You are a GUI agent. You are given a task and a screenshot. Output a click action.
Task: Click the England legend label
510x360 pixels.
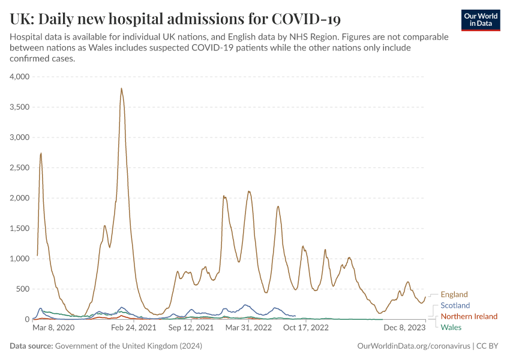(x=454, y=295)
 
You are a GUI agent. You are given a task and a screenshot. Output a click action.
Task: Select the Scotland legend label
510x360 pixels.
(x=455, y=305)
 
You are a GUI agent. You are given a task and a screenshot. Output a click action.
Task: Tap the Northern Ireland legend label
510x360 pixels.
(x=469, y=316)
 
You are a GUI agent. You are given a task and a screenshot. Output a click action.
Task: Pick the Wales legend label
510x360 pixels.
(x=451, y=327)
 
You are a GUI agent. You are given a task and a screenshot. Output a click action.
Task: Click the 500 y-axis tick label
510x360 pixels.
(x=23, y=289)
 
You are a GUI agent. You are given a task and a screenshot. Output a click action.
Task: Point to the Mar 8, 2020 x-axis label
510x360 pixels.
(x=53, y=328)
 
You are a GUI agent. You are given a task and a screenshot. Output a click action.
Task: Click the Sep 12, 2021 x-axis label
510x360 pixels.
(x=191, y=328)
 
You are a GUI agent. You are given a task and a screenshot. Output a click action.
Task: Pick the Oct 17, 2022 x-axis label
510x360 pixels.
(x=306, y=328)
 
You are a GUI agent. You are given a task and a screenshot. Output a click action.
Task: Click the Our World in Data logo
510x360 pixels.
(x=481, y=20)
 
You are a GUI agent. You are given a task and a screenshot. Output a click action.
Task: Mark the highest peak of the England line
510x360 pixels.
(x=121, y=89)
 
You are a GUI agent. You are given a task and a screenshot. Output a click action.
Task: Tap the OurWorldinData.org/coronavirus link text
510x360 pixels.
(x=413, y=346)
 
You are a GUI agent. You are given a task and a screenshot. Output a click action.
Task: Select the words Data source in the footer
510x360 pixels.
(x=31, y=346)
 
